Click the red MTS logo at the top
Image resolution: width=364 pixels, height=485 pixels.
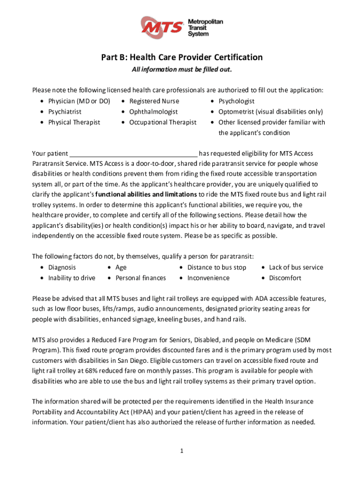tap(163, 27)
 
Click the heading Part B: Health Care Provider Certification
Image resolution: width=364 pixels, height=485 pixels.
tap(182, 57)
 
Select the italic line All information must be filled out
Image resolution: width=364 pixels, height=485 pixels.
tap(182, 70)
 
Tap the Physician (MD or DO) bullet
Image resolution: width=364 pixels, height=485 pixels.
tap(79, 101)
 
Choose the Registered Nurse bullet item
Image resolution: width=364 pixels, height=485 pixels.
tap(154, 101)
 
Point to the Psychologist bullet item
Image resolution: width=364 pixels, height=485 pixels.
tap(236, 101)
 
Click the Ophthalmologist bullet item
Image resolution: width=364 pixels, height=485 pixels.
tap(154, 112)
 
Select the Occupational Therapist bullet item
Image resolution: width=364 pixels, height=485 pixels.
tap(163, 122)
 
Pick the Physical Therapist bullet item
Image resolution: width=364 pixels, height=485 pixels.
tap(74, 122)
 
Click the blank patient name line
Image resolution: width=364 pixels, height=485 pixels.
tap(134, 153)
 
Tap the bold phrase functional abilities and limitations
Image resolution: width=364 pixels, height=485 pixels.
tap(146, 195)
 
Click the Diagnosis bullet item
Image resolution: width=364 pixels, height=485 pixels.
tap(62, 267)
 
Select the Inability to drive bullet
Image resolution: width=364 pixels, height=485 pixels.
tap(71, 278)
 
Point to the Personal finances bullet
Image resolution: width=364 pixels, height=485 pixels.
tap(141, 278)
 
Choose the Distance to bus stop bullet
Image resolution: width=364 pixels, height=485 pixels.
tap(217, 267)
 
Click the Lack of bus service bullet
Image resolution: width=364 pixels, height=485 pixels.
tap(296, 267)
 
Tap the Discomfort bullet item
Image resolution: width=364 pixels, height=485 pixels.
tap(285, 278)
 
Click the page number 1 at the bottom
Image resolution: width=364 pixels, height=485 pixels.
tap(182, 450)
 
